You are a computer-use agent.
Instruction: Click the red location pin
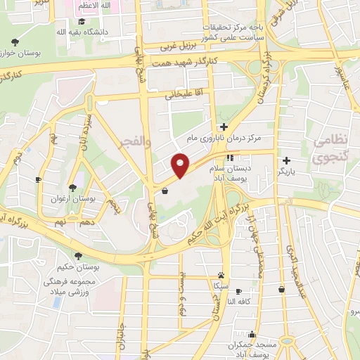pyautogui.click(x=181, y=164)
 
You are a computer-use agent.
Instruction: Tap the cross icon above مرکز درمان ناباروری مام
pyautogui.click(x=224, y=127)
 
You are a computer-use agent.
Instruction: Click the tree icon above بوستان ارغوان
pyautogui.click(x=73, y=187)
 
